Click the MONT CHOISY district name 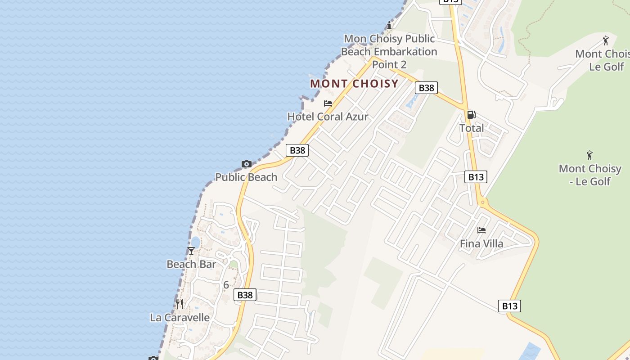(354, 84)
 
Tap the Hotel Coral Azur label (328, 117)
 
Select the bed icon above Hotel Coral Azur (328, 103)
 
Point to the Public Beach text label (246, 177)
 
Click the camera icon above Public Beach (247, 164)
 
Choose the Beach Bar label (191, 264)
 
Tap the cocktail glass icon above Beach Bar (191, 251)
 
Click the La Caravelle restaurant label (180, 318)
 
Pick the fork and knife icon (180, 304)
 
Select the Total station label (472, 128)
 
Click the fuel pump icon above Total (471, 115)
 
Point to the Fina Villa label (481, 244)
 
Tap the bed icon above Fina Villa (481, 230)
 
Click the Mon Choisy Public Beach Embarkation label (389, 51)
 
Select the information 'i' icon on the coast (389, 25)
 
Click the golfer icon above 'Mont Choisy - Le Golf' (589, 155)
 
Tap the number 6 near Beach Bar (226, 285)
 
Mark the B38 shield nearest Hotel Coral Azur (297, 150)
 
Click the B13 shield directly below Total (476, 177)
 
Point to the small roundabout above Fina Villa (483, 202)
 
